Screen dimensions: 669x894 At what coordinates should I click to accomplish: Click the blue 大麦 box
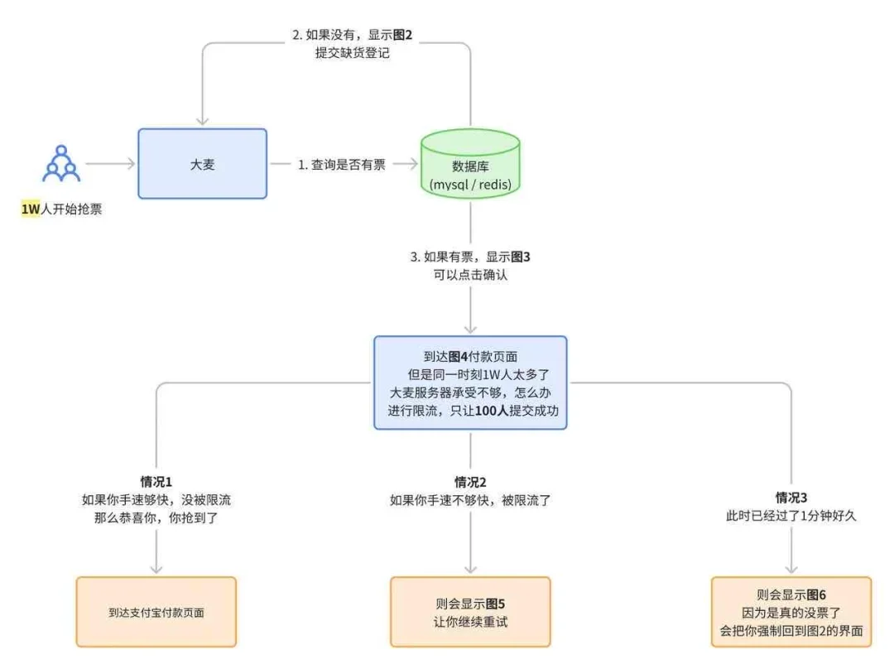tap(202, 164)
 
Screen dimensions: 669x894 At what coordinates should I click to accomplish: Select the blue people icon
tap(61, 164)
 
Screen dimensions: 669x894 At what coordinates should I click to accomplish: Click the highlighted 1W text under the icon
tap(31, 209)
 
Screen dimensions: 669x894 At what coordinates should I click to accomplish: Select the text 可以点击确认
tap(470, 275)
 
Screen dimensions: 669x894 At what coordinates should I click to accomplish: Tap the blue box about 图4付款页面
tap(470, 383)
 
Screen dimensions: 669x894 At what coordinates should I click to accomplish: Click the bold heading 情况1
tap(156, 481)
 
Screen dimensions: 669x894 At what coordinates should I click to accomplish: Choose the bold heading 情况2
tap(470, 482)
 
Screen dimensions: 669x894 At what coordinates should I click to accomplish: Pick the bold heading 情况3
tap(791, 498)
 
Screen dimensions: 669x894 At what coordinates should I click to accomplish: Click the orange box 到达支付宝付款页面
tap(156, 613)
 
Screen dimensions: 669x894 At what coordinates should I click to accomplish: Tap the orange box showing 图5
tap(470, 612)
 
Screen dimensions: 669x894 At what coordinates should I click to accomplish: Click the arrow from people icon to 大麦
tap(109, 164)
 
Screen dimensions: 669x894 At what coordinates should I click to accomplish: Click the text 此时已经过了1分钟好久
tap(791, 516)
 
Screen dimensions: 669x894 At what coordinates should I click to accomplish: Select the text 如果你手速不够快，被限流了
tap(470, 500)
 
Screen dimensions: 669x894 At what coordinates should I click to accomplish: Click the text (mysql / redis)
tap(470, 184)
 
